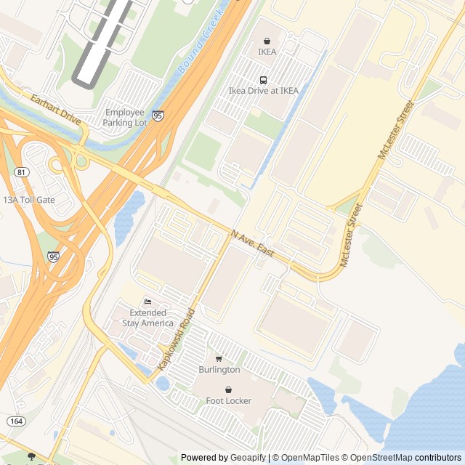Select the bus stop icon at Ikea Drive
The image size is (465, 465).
[263, 80]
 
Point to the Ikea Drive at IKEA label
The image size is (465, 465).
[263, 91]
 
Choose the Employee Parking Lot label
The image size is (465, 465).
[125, 118]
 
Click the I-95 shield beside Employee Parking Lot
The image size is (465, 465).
[158, 115]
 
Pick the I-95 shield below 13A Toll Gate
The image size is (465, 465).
[54, 256]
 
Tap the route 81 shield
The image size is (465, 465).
[22, 172]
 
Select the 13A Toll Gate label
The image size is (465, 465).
[29, 200]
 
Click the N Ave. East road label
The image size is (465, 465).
[253, 244]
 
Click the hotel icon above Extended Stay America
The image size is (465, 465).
[147, 302]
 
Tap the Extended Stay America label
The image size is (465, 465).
[147, 318]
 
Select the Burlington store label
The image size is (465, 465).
[219, 370]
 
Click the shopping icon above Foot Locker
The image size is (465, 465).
[228, 389]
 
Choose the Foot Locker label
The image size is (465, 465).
[228, 401]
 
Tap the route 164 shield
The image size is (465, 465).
[16, 421]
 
